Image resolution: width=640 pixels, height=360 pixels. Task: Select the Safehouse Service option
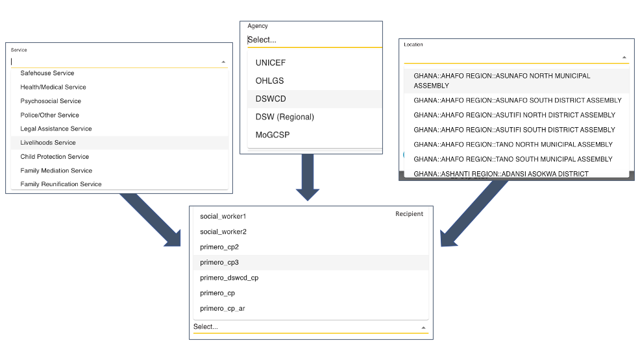pos(47,73)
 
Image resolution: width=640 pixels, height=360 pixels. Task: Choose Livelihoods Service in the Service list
pos(48,142)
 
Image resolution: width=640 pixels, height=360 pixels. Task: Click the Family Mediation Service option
pos(56,171)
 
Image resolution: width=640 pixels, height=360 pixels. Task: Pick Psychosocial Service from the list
pos(51,101)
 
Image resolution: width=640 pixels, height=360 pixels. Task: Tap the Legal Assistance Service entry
pos(56,128)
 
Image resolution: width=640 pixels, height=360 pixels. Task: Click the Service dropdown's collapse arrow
pos(223,62)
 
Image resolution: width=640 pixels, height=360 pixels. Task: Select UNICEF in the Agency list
pos(271,63)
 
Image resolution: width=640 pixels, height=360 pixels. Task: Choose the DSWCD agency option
pos(271,99)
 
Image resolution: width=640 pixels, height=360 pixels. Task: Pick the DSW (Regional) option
pos(285,117)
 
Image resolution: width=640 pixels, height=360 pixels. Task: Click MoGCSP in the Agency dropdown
pos(273,135)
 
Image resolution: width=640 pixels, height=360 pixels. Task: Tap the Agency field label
pos(258,26)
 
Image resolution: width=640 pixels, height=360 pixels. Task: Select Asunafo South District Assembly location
pos(517,101)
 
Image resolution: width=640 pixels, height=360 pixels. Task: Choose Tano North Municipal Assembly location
pos(513,145)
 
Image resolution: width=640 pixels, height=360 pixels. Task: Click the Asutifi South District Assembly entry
pos(514,130)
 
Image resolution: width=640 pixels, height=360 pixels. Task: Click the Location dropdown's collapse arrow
pos(624,58)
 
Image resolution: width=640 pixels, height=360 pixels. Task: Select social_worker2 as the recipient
pos(223,232)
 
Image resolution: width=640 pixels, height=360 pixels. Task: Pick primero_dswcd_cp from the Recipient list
pos(229,278)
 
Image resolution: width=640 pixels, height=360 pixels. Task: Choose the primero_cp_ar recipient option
pos(223,309)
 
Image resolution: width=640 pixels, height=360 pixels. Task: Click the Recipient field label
pos(409,214)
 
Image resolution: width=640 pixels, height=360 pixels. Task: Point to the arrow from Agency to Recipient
pos(308,177)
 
